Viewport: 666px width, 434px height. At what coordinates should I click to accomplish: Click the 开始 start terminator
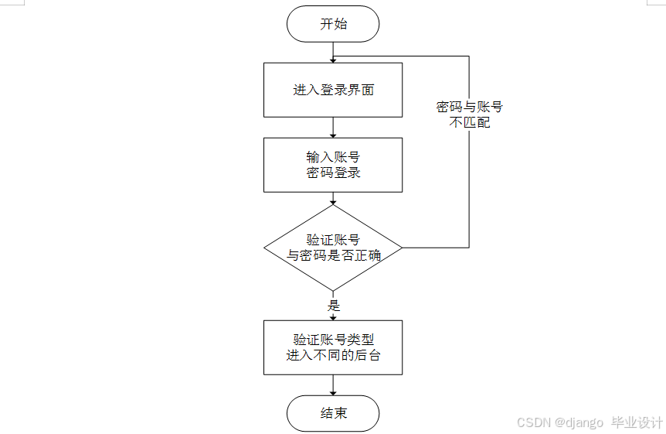pyautogui.click(x=333, y=24)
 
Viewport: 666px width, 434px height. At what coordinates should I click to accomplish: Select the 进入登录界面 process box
pyautogui.click(x=333, y=90)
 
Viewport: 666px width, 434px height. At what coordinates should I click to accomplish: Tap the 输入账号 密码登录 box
pyautogui.click(x=333, y=165)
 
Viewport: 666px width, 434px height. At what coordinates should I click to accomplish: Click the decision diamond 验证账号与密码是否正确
pyautogui.click(x=333, y=248)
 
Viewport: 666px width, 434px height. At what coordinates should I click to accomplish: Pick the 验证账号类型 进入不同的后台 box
pyautogui.click(x=333, y=347)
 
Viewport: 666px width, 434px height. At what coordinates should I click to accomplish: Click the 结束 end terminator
pyautogui.click(x=333, y=413)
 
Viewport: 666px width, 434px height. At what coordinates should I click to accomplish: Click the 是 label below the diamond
pyautogui.click(x=334, y=305)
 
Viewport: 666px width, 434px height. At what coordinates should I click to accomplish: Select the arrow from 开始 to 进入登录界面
pyautogui.click(x=333, y=52)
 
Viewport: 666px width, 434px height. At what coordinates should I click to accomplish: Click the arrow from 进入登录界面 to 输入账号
pyautogui.click(x=333, y=127)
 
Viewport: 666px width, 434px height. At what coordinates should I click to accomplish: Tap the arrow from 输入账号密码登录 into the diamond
pyautogui.click(x=333, y=198)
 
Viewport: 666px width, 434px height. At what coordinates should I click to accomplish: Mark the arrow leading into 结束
pyautogui.click(x=333, y=385)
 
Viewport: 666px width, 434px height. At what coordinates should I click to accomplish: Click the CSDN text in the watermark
pyautogui.click(x=532, y=422)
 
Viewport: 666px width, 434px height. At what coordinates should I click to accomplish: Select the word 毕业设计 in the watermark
pyautogui.click(x=637, y=422)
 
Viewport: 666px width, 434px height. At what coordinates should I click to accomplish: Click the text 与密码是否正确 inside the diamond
pyautogui.click(x=334, y=255)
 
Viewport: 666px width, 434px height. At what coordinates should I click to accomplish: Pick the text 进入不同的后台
pyautogui.click(x=333, y=356)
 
